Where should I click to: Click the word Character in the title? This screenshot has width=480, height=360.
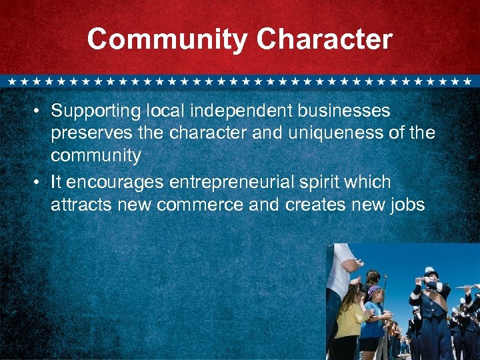324,40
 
